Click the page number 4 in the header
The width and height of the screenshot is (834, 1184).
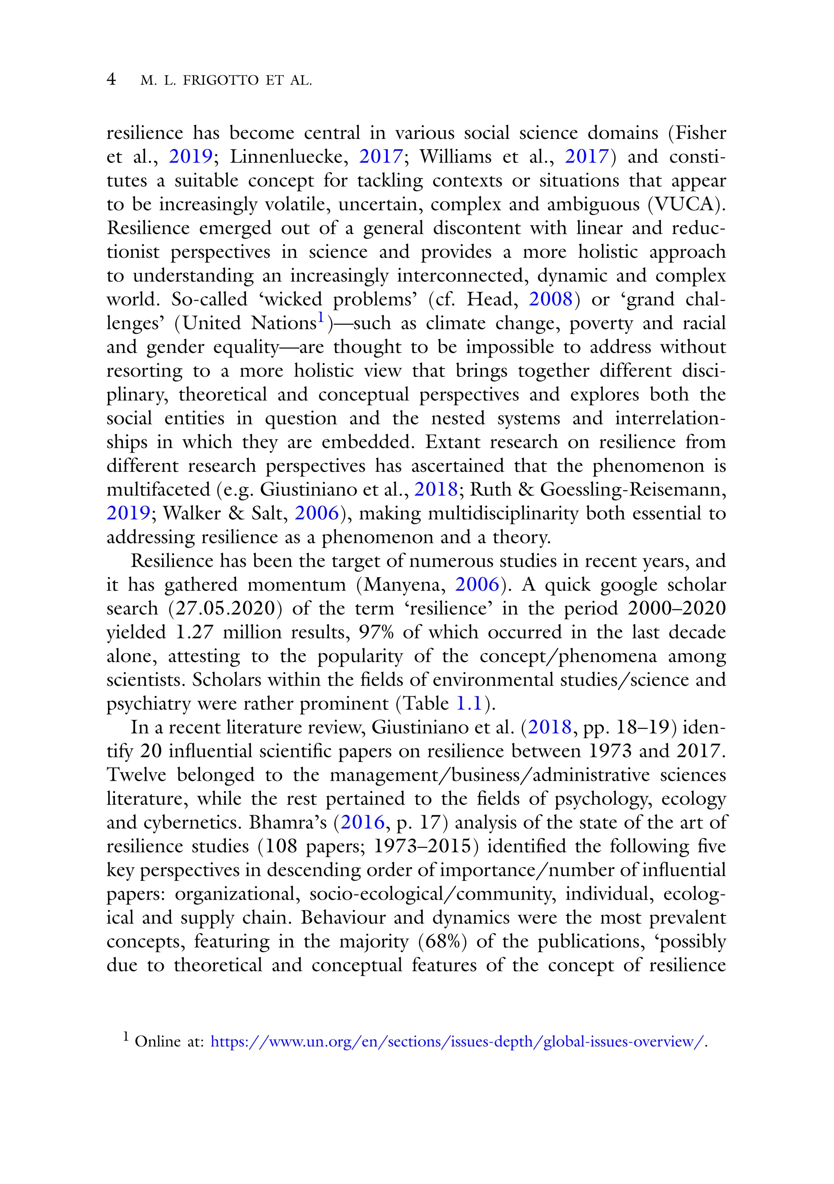click(111, 79)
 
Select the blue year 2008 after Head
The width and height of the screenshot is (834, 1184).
click(551, 299)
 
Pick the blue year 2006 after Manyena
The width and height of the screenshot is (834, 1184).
click(477, 585)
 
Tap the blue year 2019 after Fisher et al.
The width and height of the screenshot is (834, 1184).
click(191, 157)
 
